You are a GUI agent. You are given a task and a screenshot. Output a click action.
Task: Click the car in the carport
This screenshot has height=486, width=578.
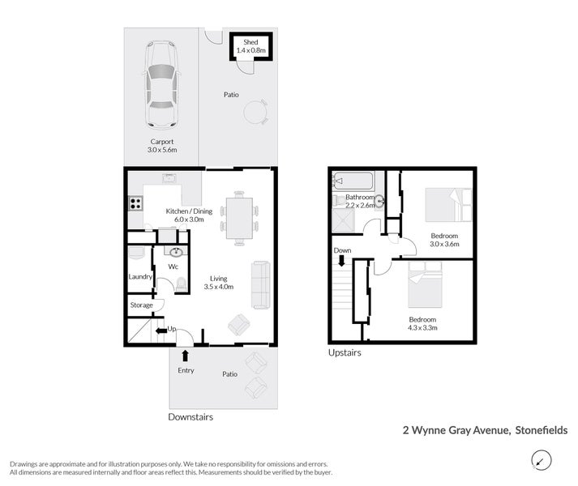pyautogui.click(x=162, y=85)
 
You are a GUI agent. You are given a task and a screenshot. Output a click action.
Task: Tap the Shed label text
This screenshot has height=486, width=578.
pyautogui.click(x=250, y=42)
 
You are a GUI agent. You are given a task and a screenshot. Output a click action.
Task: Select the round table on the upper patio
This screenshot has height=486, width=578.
pyautogui.click(x=255, y=112)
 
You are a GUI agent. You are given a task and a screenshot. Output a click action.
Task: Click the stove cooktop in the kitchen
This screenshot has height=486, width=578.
pyautogui.click(x=135, y=203)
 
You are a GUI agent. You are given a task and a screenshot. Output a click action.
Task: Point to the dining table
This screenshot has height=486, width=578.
pyautogui.click(x=239, y=218)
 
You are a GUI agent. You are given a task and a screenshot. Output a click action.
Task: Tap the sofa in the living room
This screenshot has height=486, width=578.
pyautogui.click(x=261, y=285)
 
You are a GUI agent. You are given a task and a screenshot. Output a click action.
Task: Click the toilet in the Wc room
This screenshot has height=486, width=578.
pyautogui.click(x=181, y=284)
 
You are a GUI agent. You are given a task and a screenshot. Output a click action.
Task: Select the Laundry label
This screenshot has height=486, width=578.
pyautogui.click(x=140, y=277)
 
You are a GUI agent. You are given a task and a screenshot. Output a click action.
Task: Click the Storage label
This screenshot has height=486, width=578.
pyautogui.click(x=141, y=305)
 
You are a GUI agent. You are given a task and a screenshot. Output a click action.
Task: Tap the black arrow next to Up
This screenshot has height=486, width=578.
pyautogui.click(x=161, y=330)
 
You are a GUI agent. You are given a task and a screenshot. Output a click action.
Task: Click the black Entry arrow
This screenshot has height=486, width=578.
pyautogui.click(x=185, y=356)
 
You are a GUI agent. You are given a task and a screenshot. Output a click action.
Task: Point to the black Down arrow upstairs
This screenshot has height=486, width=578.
pyautogui.click(x=342, y=261)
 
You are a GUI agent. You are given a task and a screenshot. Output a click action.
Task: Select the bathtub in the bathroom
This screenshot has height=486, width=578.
pyautogui.click(x=353, y=181)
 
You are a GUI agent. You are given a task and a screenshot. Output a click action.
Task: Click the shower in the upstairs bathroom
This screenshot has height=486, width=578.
pyautogui.click(x=343, y=220)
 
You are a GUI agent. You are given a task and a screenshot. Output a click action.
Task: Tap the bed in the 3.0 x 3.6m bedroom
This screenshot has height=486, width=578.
pyautogui.click(x=448, y=205)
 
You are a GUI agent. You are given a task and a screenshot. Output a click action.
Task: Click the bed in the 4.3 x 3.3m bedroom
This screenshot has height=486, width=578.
pyautogui.click(x=425, y=284)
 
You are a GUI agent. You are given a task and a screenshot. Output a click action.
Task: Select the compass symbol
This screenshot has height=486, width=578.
pyautogui.click(x=542, y=460)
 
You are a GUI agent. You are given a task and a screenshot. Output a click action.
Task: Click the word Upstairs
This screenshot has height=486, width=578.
pyautogui.click(x=345, y=352)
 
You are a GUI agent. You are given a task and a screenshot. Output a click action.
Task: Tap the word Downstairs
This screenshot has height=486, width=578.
pyautogui.click(x=191, y=417)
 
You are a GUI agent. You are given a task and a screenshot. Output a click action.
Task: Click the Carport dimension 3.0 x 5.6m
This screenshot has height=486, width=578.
pyautogui.click(x=162, y=150)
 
